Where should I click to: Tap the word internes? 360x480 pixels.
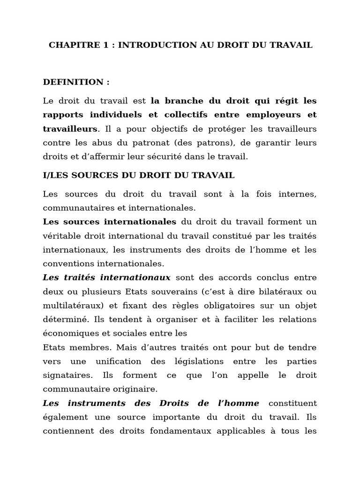click(297, 194)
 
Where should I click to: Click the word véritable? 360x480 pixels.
click(61, 236)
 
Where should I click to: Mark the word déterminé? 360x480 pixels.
click(61, 320)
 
